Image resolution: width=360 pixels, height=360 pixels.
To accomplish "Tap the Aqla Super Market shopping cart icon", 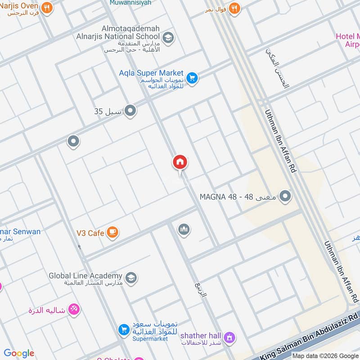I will tap(192, 78).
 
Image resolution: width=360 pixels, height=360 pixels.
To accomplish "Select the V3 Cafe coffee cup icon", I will tap(113, 232).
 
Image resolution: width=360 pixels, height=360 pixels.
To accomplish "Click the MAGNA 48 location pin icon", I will tap(285, 197).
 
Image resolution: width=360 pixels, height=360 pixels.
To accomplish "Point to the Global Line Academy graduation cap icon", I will tap(131, 277).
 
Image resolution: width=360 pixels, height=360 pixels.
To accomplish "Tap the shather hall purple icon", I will tap(229, 337).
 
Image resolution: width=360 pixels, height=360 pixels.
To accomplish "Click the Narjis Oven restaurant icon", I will tap(46, 8).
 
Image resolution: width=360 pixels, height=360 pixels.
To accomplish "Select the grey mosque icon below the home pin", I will tap(184, 230).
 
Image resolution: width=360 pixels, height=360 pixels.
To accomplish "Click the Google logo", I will tap(19, 353).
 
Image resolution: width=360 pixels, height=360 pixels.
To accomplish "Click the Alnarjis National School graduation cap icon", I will tap(168, 37).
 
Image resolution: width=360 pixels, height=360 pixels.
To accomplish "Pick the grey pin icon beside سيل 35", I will tap(130, 110).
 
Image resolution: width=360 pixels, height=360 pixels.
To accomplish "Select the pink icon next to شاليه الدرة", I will tap(74, 310).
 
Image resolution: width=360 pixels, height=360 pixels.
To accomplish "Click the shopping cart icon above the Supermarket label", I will tap(124, 330).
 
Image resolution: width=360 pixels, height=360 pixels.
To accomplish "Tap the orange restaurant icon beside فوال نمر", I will tap(234, 8).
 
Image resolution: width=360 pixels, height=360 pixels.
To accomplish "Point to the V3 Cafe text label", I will tap(90, 233).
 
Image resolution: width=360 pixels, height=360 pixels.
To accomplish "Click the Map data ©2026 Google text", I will tap(325, 355).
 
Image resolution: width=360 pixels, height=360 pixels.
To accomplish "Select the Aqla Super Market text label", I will tap(151, 73).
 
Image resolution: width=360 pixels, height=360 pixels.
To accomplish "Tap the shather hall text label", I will tap(201, 336).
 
